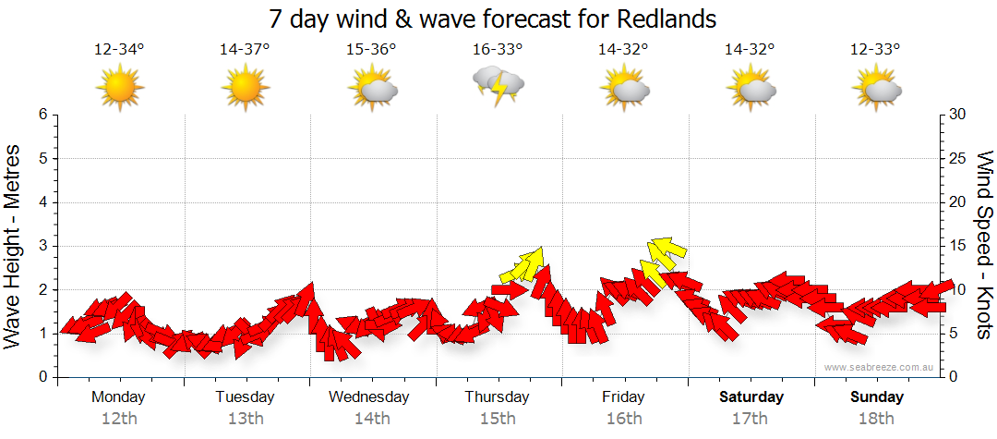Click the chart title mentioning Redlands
(x=492, y=18)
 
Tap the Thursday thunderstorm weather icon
(x=498, y=85)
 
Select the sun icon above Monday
(x=120, y=88)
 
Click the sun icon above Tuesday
(x=246, y=88)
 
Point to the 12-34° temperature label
(x=119, y=49)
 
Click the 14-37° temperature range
(x=245, y=49)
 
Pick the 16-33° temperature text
(x=498, y=49)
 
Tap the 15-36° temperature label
(x=371, y=49)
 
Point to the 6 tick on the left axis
(x=42, y=115)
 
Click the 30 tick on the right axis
(x=958, y=115)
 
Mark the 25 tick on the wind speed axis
(x=958, y=158)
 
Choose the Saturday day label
(x=751, y=397)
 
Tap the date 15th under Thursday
(x=498, y=419)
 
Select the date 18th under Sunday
(x=877, y=419)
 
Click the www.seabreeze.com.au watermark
(x=881, y=367)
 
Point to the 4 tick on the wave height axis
(x=42, y=202)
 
